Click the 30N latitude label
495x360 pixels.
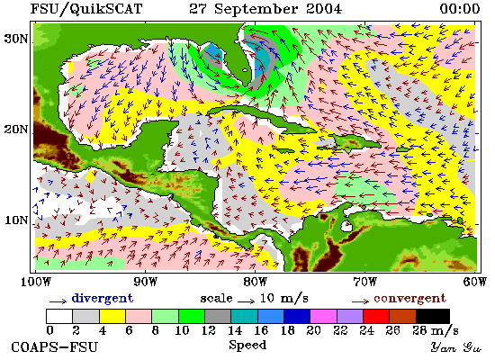click(x=16, y=39)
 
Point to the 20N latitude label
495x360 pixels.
click(x=16, y=130)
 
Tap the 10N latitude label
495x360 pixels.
click(x=16, y=220)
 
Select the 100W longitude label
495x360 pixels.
click(x=36, y=282)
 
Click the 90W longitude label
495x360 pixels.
click(x=146, y=282)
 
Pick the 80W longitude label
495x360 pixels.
click(x=256, y=282)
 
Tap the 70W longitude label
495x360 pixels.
click(x=364, y=282)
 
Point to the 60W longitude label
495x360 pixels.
click(x=475, y=282)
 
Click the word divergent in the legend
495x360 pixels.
click(x=103, y=299)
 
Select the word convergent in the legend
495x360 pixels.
click(x=410, y=299)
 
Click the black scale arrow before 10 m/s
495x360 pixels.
click(x=247, y=301)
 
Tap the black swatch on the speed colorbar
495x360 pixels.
click(x=433, y=317)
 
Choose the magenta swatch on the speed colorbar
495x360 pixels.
click(x=324, y=317)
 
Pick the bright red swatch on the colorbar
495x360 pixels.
click(x=376, y=317)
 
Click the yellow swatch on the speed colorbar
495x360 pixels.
click(x=112, y=317)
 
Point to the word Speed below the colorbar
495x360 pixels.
click(x=247, y=345)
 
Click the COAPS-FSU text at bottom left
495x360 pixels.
click(x=54, y=347)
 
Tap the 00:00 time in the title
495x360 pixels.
click(x=460, y=8)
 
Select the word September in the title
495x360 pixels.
click(x=256, y=9)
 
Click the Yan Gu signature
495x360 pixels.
click(x=456, y=347)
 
